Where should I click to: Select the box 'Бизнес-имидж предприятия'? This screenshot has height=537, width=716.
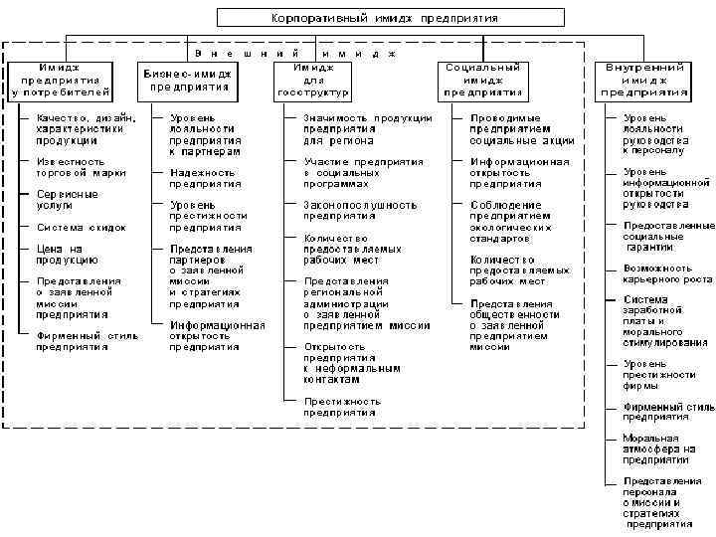click(x=189, y=80)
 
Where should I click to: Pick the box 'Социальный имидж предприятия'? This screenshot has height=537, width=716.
click(x=482, y=80)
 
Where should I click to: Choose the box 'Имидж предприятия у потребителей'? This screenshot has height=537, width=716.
click(x=61, y=80)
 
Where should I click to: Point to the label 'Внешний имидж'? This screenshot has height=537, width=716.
click(x=294, y=51)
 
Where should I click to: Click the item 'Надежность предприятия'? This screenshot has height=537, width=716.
click(x=203, y=178)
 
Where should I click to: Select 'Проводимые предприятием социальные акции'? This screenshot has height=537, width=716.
click(x=523, y=129)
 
